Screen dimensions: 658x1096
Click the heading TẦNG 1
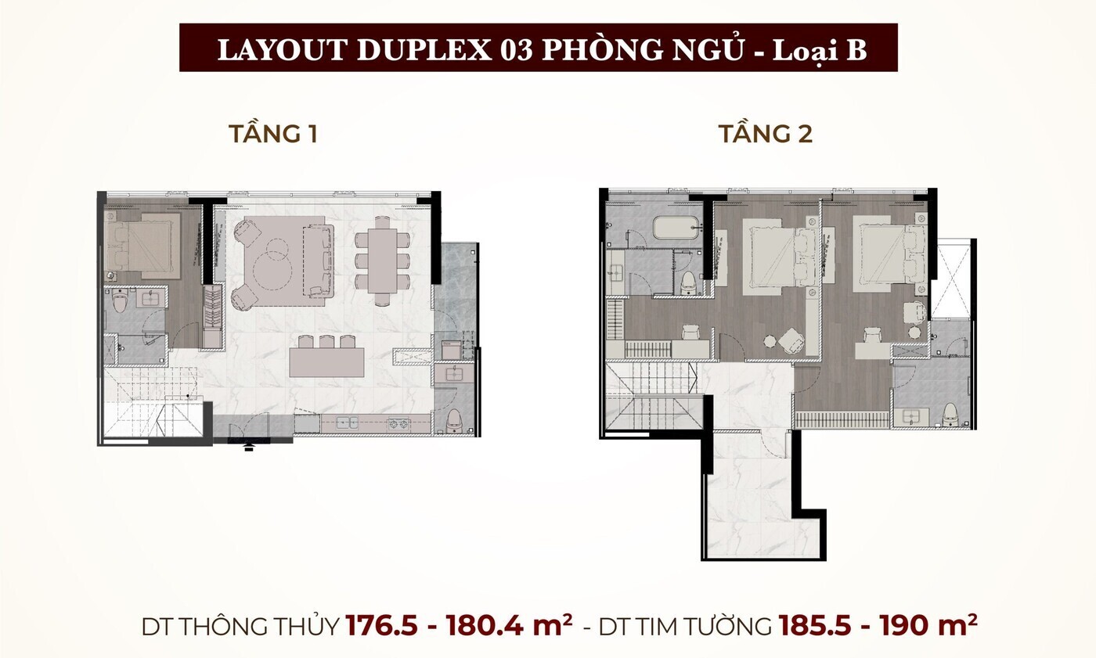coord(272,134)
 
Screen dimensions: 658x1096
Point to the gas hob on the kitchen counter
coord(399,424)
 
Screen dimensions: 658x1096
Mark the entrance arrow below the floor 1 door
coord(249,447)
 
